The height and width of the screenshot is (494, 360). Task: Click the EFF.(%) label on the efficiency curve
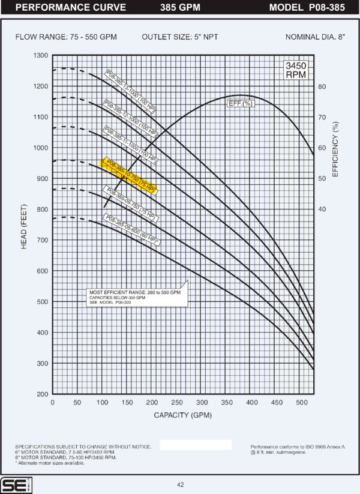240,104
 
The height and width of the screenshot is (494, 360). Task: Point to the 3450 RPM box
295,70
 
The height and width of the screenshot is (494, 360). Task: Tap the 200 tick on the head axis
41,394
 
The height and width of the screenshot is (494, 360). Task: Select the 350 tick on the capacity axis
227,403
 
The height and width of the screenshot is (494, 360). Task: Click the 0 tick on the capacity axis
53,403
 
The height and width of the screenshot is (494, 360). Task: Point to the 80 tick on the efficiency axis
322,86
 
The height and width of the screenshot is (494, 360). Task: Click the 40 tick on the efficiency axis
322,209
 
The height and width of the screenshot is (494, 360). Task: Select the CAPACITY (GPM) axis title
183,415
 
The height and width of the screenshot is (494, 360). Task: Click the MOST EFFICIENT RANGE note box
137,295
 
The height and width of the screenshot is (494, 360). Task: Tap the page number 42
181,484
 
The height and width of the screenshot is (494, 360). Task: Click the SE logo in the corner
12,484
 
